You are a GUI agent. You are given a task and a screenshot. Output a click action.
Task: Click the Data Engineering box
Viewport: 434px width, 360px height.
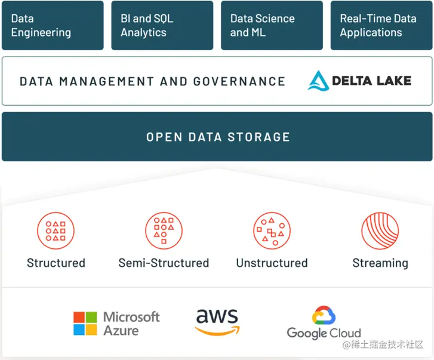(x=53, y=25)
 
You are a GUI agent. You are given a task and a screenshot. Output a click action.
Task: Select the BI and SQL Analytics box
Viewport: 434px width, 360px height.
(x=162, y=25)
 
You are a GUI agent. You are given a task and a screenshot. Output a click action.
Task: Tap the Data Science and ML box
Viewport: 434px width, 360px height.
(x=272, y=25)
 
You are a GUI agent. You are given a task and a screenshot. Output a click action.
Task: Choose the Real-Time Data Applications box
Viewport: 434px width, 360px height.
(x=381, y=25)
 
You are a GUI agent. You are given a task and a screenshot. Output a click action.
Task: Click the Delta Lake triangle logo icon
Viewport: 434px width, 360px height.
(x=318, y=81)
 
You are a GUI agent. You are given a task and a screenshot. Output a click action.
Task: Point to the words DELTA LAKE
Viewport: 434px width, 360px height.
(x=371, y=81)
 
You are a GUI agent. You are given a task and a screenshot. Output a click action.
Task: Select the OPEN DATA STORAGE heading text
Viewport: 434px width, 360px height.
(x=218, y=137)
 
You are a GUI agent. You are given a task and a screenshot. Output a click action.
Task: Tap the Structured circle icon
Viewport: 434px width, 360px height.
(x=56, y=230)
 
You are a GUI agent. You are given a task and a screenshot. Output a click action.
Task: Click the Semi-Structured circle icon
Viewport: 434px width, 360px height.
(x=164, y=230)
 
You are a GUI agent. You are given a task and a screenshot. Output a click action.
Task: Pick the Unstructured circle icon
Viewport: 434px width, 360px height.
(x=272, y=230)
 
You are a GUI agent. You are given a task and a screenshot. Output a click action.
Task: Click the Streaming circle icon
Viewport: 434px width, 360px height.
(x=380, y=230)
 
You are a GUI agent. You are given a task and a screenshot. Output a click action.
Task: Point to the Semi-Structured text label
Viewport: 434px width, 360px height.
(x=164, y=263)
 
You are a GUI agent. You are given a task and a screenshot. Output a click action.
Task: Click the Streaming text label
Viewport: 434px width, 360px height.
(x=380, y=263)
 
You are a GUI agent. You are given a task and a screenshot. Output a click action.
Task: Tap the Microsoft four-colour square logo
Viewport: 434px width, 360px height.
(x=85, y=324)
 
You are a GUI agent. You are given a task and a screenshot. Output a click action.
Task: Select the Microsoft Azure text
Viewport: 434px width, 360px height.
(x=131, y=324)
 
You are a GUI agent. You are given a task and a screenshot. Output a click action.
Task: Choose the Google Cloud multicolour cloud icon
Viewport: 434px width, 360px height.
(x=324, y=315)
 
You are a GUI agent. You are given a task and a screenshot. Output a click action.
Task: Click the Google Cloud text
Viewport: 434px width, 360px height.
(x=324, y=333)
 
